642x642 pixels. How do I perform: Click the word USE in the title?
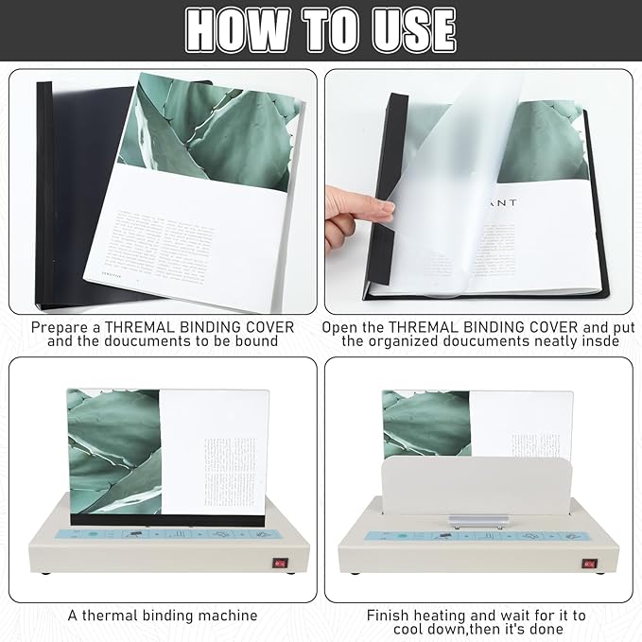pos(410,28)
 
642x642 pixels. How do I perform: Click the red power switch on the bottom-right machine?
pos(590,564)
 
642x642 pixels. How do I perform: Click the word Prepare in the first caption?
pos(63,327)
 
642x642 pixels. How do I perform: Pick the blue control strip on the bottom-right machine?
pos(473,537)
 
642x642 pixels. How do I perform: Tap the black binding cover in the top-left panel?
pos(71,189)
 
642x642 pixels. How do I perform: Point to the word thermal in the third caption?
pos(113,616)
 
